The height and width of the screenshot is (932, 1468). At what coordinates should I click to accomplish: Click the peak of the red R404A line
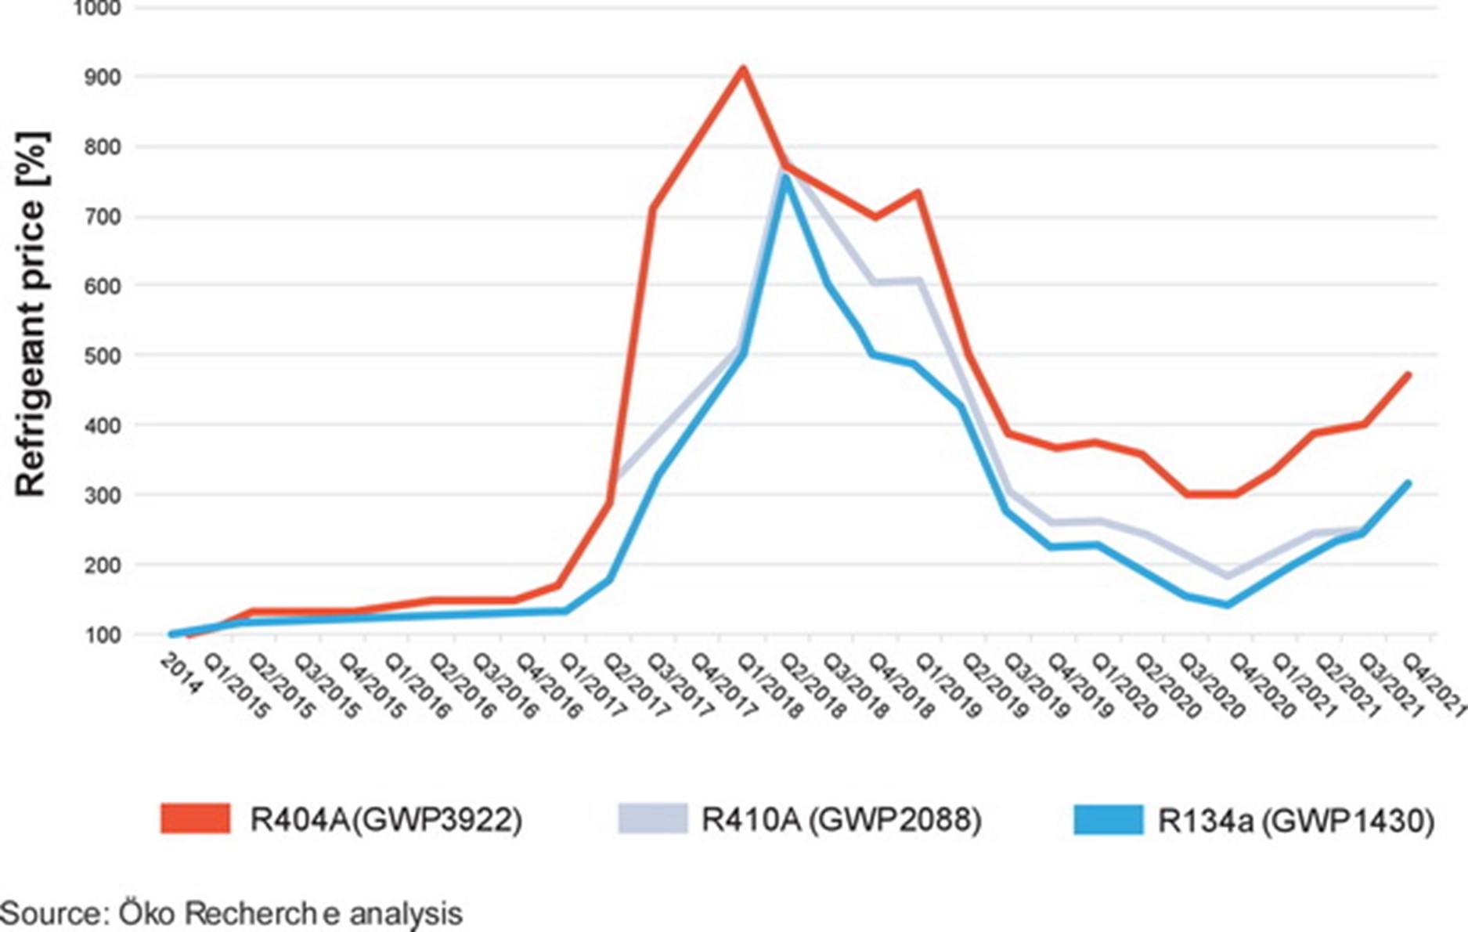coord(742,69)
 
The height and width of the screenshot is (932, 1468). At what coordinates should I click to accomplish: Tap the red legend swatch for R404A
coord(195,818)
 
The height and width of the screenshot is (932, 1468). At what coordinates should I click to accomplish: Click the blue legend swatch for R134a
coord(1108,819)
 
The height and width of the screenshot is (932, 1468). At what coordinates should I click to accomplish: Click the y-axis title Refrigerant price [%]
coord(31,313)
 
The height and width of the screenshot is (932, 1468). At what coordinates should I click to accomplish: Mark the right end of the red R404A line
coord(1408,374)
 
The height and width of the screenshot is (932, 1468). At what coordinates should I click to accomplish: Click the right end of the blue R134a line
coord(1408,483)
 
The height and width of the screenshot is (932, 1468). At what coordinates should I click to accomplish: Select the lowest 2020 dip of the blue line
coord(1228,605)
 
